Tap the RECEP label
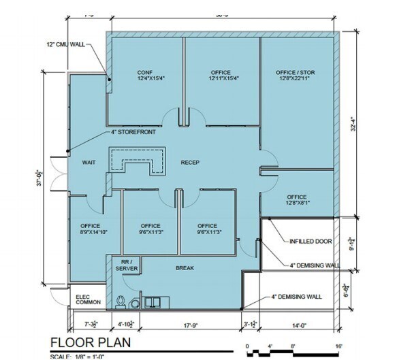point(189,163)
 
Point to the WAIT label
point(87,163)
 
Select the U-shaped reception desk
point(140,161)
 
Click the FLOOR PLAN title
point(90,342)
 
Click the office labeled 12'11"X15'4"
point(221,75)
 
